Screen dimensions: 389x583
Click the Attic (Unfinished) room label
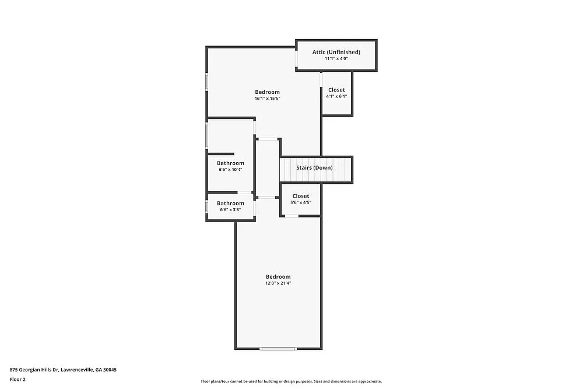[336, 52]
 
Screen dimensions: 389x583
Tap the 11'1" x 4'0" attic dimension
[336, 58]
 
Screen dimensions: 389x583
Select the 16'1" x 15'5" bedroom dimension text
[267, 99]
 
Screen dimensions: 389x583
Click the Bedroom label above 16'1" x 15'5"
[267, 92]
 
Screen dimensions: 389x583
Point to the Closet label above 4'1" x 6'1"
[336, 90]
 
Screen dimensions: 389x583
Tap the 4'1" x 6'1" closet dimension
[336, 96]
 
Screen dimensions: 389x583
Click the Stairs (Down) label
[314, 168]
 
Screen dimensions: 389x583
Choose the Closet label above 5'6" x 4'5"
[301, 196]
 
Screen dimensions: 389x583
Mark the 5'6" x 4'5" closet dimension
[301, 202]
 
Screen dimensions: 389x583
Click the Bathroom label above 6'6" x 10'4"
[230, 163]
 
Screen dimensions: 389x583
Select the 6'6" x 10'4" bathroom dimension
[230, 170]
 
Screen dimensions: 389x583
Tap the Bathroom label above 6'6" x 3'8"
[230, 203]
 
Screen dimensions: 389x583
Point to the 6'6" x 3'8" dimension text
[230, 209]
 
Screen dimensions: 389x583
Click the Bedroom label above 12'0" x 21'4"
[278, 276]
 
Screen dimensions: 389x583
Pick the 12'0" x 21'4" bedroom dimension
[278, 283]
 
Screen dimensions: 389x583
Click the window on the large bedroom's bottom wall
[278, 349]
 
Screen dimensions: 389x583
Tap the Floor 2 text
[17, 379]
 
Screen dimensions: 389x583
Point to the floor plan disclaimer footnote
[291, 381]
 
